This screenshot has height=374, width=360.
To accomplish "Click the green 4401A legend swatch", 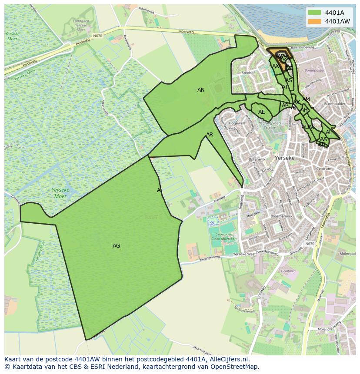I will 314,12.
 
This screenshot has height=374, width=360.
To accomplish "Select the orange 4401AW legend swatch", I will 314,21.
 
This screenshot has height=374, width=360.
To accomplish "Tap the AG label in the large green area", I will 116,246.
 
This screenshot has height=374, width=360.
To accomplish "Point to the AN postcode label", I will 201,90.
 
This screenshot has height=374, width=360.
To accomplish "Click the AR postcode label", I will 210,135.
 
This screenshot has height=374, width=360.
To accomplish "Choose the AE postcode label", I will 261,112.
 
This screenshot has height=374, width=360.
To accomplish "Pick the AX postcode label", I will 276,66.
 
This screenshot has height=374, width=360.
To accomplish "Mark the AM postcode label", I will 306,99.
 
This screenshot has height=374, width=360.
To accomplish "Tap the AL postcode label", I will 329,132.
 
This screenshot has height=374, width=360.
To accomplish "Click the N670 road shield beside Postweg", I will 97,36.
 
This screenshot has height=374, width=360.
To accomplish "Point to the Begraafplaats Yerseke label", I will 270,125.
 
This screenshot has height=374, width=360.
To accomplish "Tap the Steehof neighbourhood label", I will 248,73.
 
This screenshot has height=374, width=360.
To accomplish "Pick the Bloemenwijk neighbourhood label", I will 281,215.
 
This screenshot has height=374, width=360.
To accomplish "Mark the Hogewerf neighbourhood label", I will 237,123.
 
